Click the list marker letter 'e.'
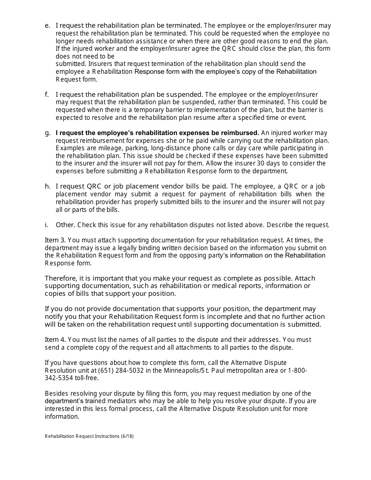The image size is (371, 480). [x=48, y=26]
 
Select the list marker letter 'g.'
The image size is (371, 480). [x=48, y=133]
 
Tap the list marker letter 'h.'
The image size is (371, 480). [x=48, y=186]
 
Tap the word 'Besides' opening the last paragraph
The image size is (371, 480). [x=56, y=393]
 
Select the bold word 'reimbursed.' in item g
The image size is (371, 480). [x=241, y=133]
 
